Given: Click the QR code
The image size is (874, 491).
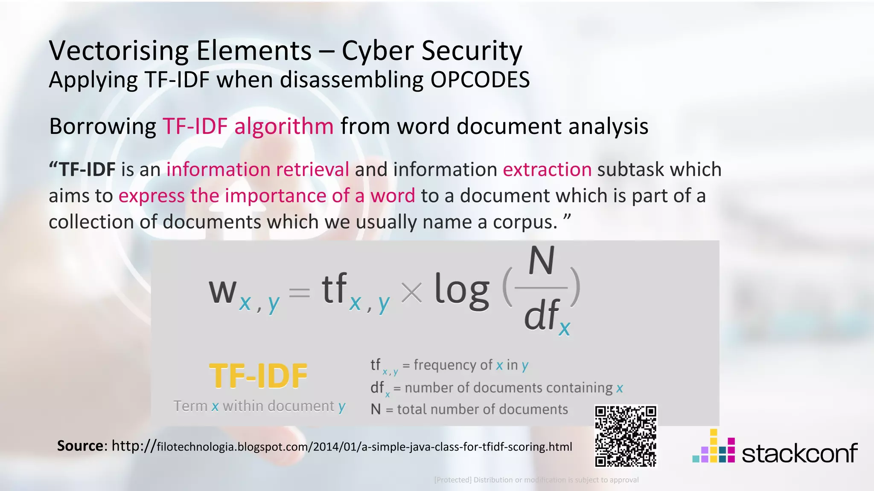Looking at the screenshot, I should point(626,436).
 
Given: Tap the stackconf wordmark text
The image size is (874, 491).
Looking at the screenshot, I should point(799,453).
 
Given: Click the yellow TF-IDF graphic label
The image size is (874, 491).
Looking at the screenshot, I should point(258,376).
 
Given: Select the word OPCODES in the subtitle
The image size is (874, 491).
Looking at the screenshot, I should point(480,80).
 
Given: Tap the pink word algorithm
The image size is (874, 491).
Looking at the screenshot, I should point(284,126).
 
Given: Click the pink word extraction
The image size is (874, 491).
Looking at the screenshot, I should point(547,169).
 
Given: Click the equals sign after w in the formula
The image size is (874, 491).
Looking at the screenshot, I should point(299,293).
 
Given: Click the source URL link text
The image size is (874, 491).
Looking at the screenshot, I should point(341,447).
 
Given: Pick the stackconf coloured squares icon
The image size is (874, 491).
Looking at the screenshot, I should point(714,447).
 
